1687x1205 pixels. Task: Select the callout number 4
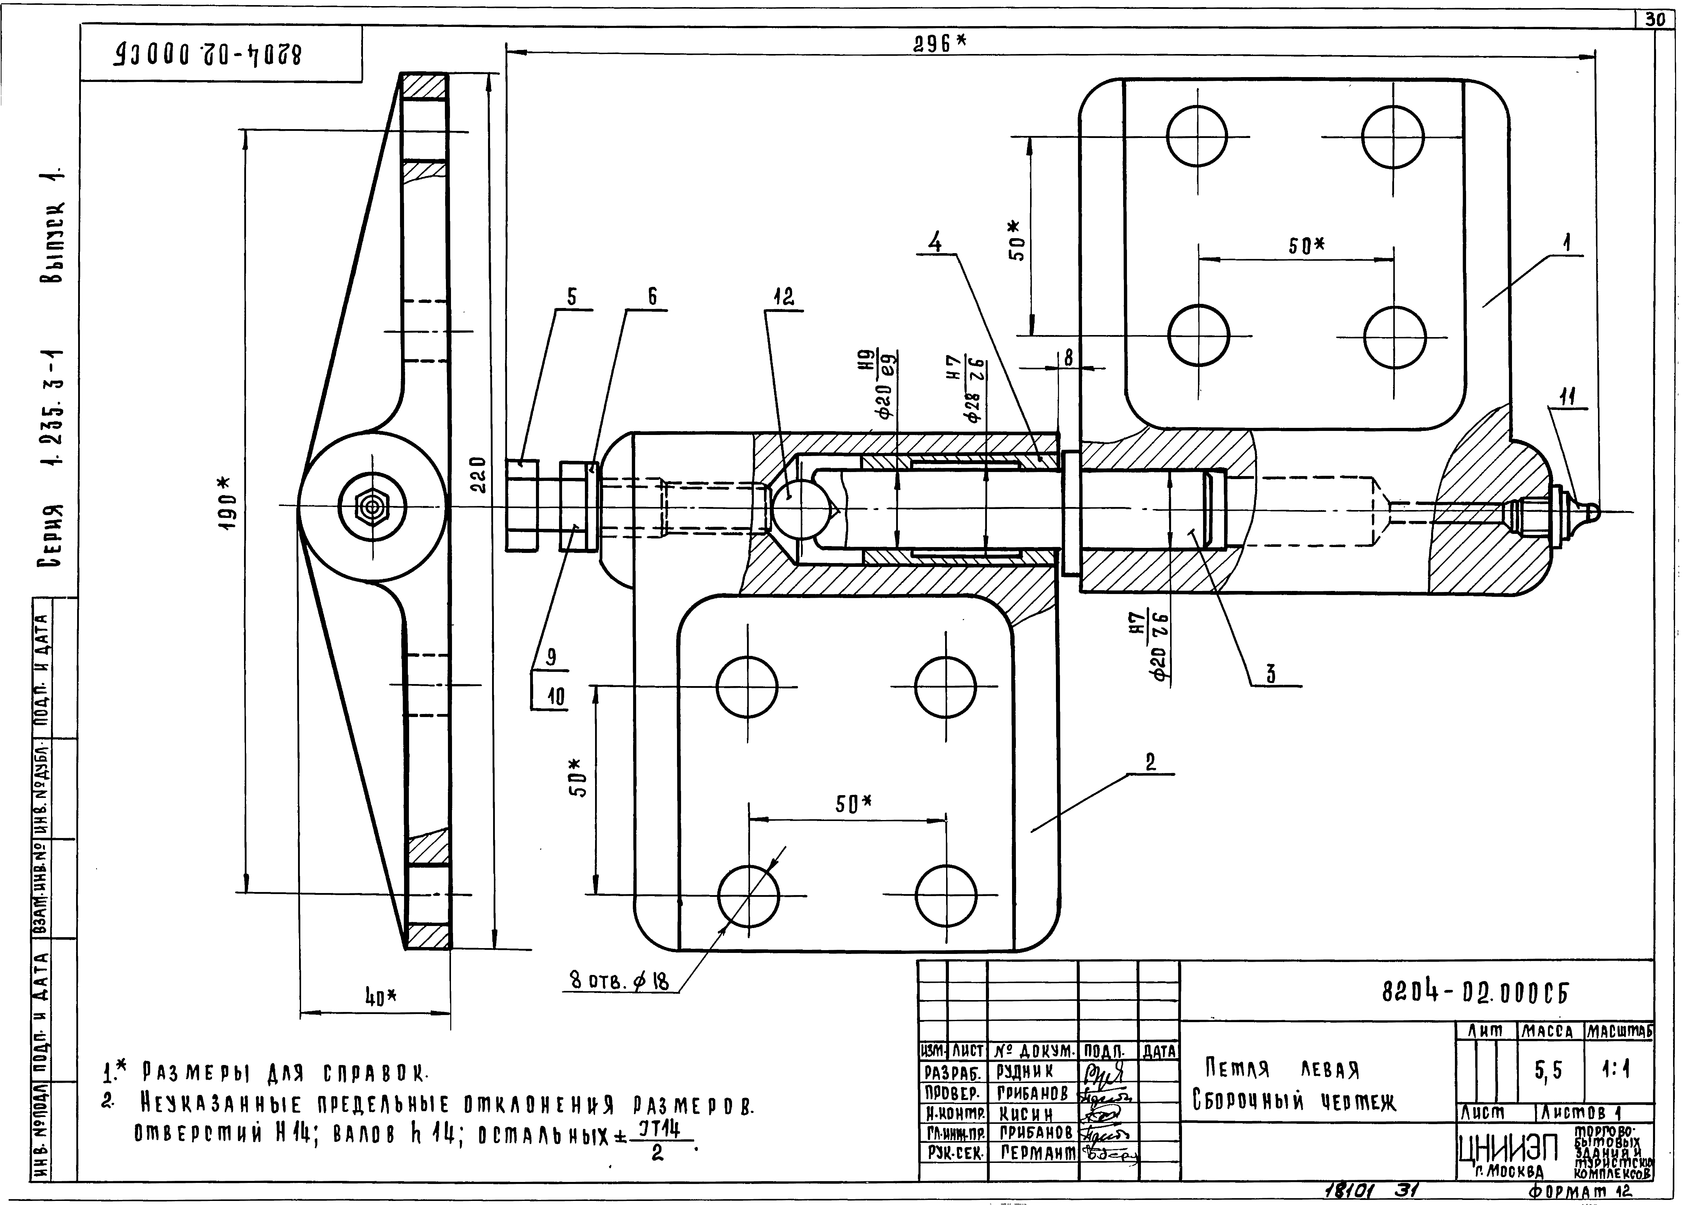(x=936, y=243)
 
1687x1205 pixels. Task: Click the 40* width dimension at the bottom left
(x=380, y=998)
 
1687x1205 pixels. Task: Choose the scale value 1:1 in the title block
(x=1616, y=1071)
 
